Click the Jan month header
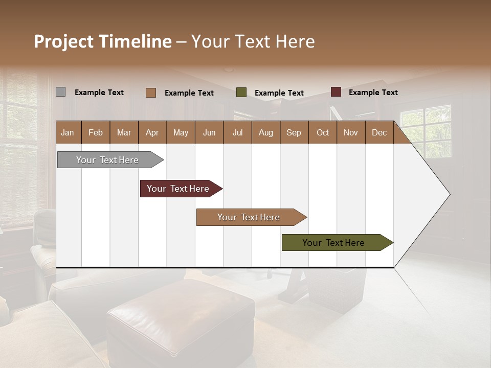68,132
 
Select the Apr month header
152,132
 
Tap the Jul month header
237,132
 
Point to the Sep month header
294,132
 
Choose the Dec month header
379,132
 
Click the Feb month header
96,132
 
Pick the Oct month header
323,132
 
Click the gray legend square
60,92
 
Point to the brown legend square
150,93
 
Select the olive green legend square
241,93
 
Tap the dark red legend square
336,92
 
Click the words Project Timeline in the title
102,41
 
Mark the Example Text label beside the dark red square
373,93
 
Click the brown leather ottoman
182,317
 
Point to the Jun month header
209,132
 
